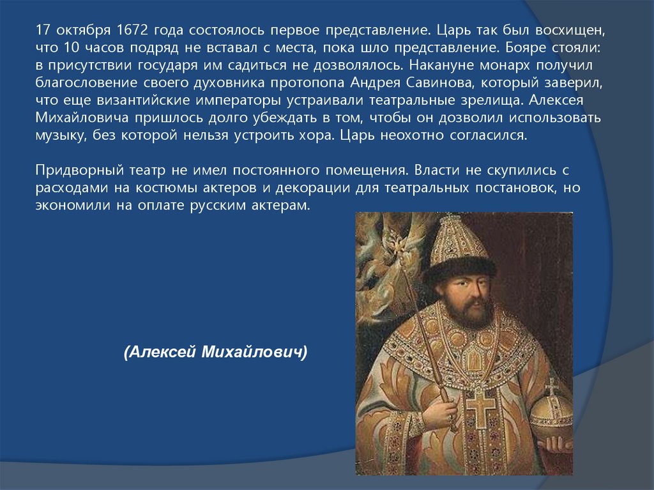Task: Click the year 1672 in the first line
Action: [132, 31]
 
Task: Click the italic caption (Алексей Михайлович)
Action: [216, 351]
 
